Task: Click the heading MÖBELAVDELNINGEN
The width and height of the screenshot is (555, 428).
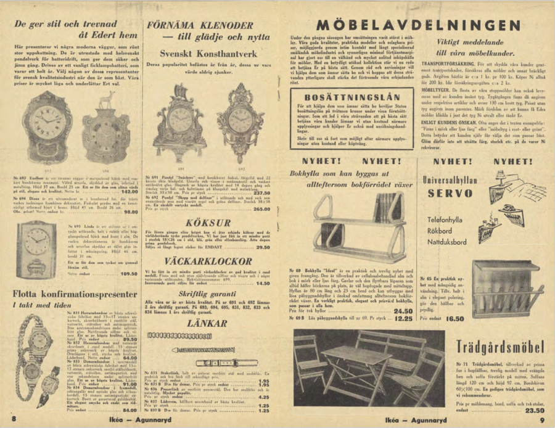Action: (x=418, y=26)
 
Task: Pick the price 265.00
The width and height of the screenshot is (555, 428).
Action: (x=258, y=209)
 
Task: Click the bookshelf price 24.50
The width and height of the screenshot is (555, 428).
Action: (x=402, y=311)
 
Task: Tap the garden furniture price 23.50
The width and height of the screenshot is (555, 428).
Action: (x=533, y=409)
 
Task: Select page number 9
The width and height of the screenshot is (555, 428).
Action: (x=541, y=420)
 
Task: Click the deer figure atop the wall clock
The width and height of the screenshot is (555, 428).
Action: (x=112, y=99)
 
